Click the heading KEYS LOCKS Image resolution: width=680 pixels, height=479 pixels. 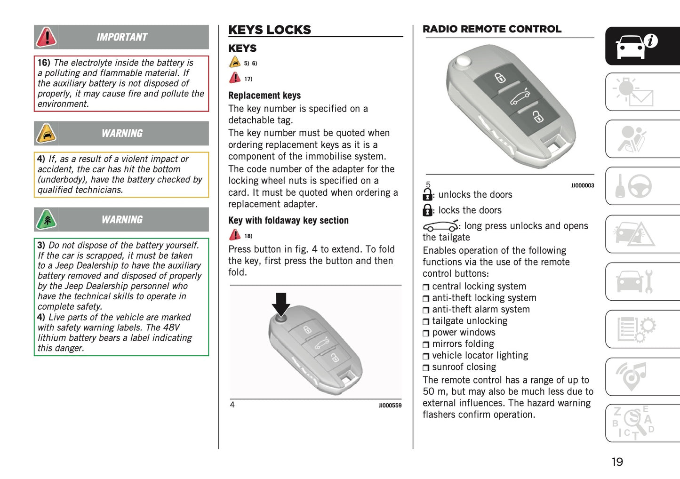coord(269,30)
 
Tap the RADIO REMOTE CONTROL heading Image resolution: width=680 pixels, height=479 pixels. coord(492,29)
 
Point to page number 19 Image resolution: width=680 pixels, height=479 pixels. coord(617,462)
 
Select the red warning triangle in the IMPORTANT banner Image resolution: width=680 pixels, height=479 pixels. coord(47,37)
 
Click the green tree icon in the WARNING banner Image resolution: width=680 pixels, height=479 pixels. coord(47,220)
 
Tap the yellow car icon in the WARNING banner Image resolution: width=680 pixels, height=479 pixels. coord(47,134)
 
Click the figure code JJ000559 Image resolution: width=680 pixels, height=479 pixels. coord(390,406)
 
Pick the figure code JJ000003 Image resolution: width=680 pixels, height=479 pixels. coord(583,185)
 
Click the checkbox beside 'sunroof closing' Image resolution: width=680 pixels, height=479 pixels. coord(426,368)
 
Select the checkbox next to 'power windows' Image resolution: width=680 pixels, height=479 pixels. coord(426,333)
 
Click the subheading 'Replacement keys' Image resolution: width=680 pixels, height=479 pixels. coord(264,96)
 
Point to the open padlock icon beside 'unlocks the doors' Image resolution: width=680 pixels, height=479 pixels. coord(427,194)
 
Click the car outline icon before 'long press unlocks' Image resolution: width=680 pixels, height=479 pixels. coord(440,226)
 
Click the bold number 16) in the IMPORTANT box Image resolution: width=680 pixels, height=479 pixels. coord(44,63)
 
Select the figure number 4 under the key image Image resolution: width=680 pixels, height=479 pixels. coord(232,405)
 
